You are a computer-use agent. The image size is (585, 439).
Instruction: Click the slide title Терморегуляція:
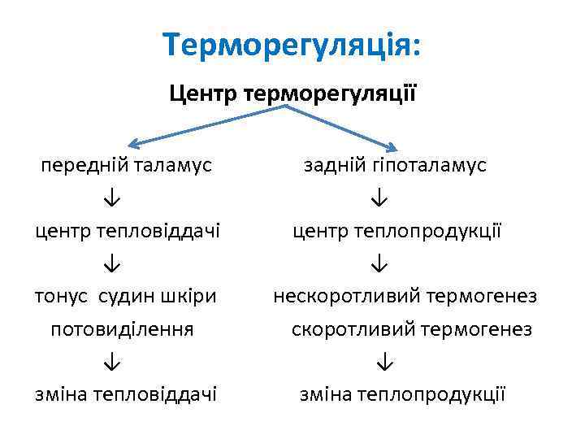pyautogui.click(x=292, y=44)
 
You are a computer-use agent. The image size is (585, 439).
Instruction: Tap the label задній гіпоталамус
pyautogui.click(x=395, y=165)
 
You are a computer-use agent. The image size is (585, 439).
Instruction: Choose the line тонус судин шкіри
pyautogui.click(x=126, y=296)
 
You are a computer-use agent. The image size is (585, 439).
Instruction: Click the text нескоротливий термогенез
pyautogui.click(x=405, y=296)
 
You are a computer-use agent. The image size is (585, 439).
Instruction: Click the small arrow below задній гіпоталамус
pyautogui.click(x=380, y=198)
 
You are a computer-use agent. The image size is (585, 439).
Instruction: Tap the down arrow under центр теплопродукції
pyautogui.click(x=380, y=263)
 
